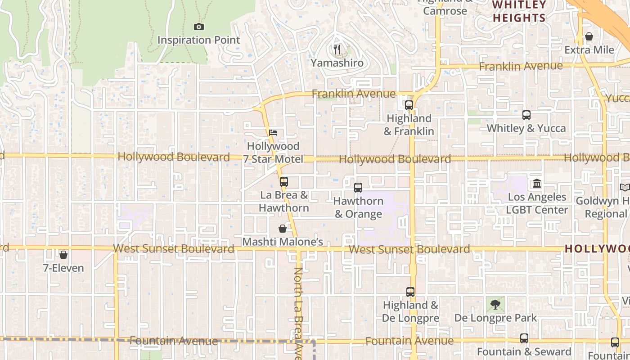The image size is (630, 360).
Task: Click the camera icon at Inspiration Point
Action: tap(198, 27)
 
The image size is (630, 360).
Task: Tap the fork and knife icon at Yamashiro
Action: tap(337, 49)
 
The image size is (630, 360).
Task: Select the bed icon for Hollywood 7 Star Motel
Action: tap(273, 133)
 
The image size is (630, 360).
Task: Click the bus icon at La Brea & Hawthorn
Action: tap(283, 182)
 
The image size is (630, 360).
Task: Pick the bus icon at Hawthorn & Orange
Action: tap(358, 188)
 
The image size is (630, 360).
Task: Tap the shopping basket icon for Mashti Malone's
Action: tap(283, 229)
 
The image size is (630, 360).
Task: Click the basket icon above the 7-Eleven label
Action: tap(63, 255)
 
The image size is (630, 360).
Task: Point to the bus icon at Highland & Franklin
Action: tap(409, 105)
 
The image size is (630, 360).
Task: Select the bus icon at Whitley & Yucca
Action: tap(526, 115)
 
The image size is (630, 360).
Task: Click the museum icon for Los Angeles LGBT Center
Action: tap(536, 184)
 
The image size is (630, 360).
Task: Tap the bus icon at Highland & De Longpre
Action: tap(410, 292)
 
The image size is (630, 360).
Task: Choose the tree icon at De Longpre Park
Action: tap(495, 305)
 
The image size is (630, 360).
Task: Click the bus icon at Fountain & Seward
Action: tap(524, 338)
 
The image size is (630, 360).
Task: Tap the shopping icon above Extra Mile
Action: tap(589, 36)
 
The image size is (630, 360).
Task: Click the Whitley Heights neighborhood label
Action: tap(519, 12)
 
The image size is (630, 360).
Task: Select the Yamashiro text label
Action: tap(337, 63)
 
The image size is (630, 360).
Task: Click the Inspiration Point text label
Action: tap(198, 40)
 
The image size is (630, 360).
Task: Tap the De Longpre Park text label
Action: tap(495, 318)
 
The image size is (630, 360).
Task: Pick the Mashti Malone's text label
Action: tap(283, 242)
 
